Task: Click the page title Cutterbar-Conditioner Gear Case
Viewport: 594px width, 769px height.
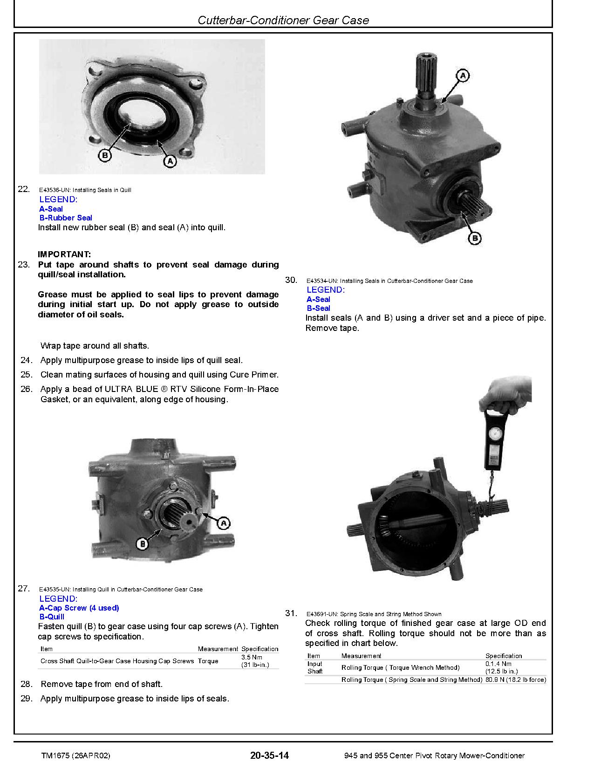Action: (x=283, y=20)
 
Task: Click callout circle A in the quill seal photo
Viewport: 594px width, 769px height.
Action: (x=170, y=161)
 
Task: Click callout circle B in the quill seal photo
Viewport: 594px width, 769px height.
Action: (x=105, y=155)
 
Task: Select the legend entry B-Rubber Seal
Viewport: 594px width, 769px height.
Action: (x=66, y=218)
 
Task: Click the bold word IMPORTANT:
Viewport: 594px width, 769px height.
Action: (x=64, y=254)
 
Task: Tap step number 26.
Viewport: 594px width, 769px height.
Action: (x=26, y=389)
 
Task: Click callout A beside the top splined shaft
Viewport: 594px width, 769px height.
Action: (x=462, y=76)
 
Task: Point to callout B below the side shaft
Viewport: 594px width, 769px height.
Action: (x=474, y=239)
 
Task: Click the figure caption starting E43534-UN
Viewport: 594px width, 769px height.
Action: (x=389, y=281)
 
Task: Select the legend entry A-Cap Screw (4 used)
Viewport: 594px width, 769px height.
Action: (x=79, y=608)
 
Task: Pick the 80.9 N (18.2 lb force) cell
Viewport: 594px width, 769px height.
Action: (x=515, y=680)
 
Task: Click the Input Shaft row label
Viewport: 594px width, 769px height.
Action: (x=315, y=667)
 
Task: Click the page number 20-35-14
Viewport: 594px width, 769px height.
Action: (x=269, y=755)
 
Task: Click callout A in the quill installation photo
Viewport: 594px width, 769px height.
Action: (x=224, y=523)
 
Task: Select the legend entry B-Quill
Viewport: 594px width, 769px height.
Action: (x=52, y=617)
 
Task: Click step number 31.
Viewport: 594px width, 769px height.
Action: (x=291, y=613)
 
